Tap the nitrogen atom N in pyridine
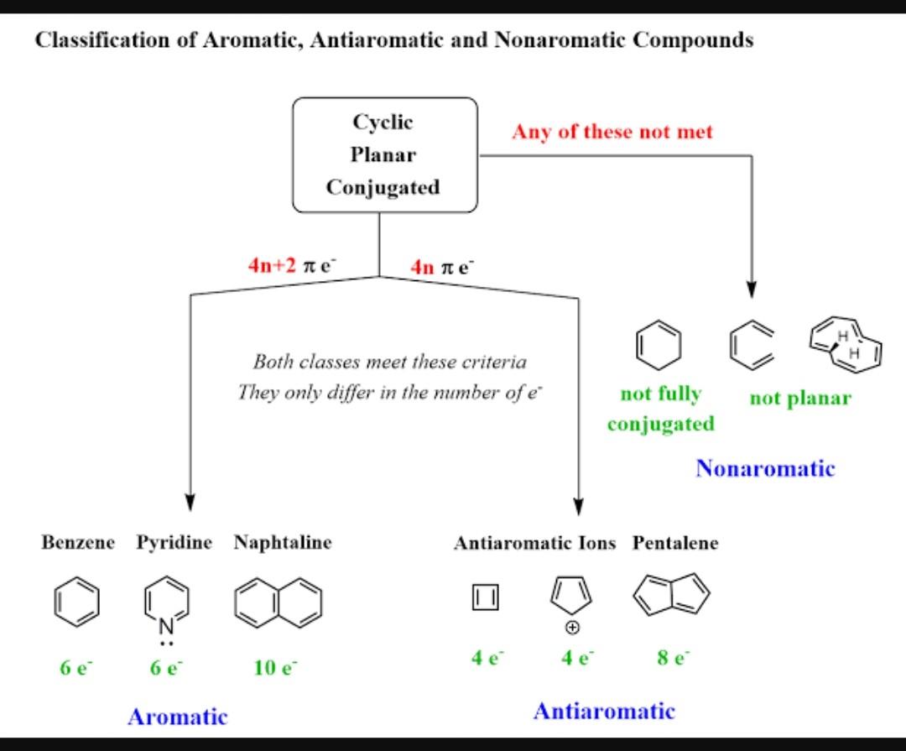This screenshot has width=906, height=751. point(165,625)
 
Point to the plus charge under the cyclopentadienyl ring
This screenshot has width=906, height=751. point(571,628)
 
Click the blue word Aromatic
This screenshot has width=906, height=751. point(177,717)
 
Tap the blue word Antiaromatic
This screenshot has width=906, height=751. point(603,712)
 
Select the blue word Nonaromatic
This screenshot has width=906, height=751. point(764,468)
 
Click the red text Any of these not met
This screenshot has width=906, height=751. point(612,132)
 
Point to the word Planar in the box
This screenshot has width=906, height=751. point(383,155)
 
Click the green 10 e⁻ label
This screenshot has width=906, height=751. point(275,668)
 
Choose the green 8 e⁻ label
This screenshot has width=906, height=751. point(674,658)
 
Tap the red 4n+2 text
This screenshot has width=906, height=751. point(272,265)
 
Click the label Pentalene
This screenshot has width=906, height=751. point(675,543)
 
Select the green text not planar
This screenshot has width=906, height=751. point(799,398)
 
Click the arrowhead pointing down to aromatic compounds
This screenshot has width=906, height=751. point(190,500)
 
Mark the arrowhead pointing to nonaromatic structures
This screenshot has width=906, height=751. point(751,289)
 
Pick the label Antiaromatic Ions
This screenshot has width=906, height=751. point(534,543)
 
